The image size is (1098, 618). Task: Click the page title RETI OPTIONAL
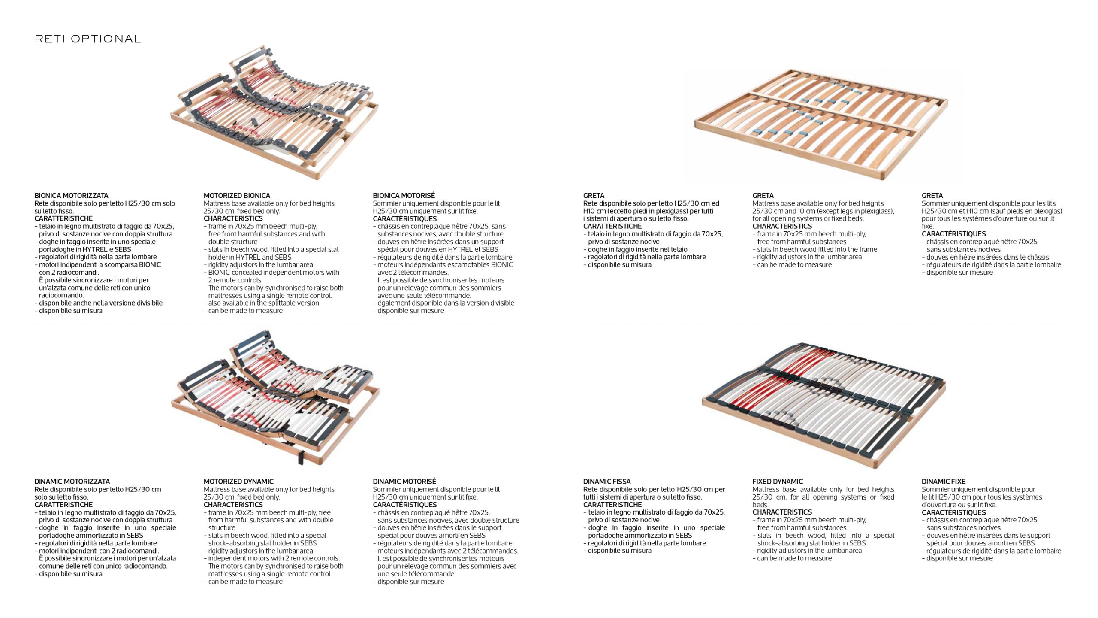(x=87, y=39)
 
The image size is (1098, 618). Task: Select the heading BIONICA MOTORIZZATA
(x=71, y=196)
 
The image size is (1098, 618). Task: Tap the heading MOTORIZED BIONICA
(x=237, y=196)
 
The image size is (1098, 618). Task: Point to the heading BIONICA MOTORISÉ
(x=404, y=196)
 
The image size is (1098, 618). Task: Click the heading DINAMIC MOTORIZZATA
(x=72, y=482)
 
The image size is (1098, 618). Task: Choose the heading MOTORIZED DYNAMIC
(x=238, y=482)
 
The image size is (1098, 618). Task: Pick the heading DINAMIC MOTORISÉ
(x=404, y=482)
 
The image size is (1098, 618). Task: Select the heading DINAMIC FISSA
(x=607, y=482)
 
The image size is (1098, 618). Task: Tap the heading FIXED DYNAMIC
(x=778, y=482)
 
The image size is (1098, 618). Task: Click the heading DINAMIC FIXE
(x=944, y=482)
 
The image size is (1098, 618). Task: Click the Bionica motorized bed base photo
(x=274, y=112)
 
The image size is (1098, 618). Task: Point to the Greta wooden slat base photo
(x=821, y=124)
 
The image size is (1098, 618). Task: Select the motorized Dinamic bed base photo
(x=275, y=398)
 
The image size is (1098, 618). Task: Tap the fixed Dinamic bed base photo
(x=823, y=406)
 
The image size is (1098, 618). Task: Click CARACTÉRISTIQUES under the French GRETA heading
(x=954, y=234)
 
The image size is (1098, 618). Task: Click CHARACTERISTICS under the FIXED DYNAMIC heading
(x=782, y=512)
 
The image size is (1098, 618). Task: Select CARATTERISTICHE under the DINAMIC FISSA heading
(x=612, y=505)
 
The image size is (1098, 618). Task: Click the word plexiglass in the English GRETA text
(x=874, y=211)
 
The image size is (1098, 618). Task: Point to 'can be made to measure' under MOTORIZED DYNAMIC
(x=245, y=582)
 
